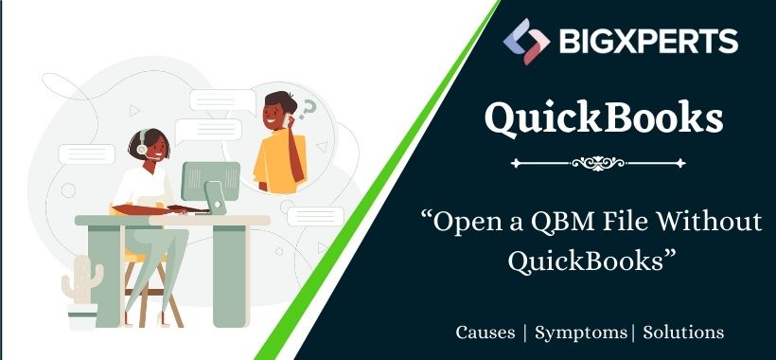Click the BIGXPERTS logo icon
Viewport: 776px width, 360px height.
click(x=526, y=42)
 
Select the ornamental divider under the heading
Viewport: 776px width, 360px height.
click(x=606, y=163)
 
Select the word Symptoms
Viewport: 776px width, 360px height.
click(x=580, y=333)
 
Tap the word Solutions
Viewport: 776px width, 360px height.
click(x=684, y=333)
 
